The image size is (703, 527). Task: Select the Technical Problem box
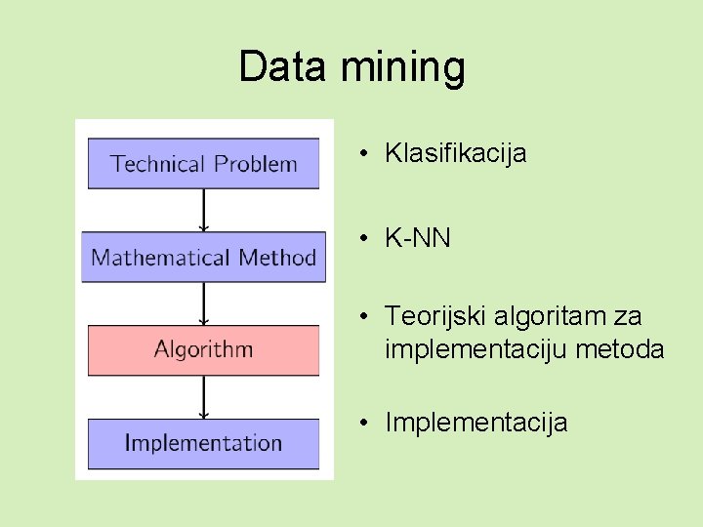point(203,163)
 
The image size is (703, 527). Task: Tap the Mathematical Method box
point(203,258)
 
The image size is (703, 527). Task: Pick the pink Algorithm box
point(203,349)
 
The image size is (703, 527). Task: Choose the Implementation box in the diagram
point(203,443)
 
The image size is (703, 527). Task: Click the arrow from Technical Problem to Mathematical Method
point(203,210)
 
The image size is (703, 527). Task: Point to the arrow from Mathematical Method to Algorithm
point(203,304)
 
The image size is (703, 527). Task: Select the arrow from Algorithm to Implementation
point(203,397)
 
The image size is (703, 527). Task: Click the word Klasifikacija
point(456,153)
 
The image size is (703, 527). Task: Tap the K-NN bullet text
point(418,238)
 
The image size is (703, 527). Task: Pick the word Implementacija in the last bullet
point(476,423)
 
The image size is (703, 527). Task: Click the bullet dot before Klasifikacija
point(362,153)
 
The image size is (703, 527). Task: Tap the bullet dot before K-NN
point(362,238)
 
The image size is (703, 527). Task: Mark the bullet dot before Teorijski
point(362,316)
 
